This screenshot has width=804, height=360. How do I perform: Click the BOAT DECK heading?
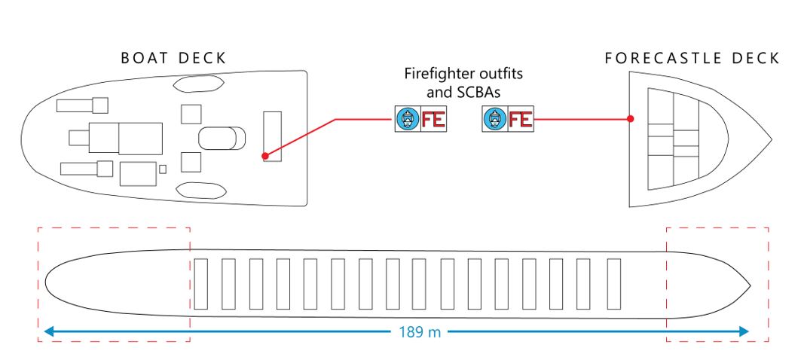[173, 59]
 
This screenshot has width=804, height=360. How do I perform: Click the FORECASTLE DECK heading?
[692, 59]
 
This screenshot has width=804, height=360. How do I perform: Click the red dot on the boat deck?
[265, 157]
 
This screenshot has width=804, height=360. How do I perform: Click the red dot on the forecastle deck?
[631, 119]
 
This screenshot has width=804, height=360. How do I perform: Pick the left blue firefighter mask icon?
[407, 119]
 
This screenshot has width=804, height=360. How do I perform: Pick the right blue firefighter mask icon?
[494, 119]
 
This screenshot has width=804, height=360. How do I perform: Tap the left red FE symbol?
[432, 119]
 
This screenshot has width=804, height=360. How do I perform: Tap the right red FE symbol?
[520, 119]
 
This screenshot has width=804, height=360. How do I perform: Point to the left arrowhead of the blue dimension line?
[47, 331]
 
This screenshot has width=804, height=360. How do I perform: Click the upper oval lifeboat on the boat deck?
[196, 84]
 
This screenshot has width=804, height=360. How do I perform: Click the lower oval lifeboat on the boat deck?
[196, 190]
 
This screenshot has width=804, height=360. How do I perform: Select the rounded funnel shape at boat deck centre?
[222, 138]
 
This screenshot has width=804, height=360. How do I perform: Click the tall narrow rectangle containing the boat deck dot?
[272, 136]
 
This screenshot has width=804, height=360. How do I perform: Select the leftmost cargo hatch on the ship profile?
[200, 283]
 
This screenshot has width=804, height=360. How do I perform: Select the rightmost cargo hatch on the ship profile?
[613, 283]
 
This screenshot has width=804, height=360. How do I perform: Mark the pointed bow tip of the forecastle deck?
[769, 140]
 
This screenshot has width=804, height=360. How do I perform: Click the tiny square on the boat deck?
[163, 168]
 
